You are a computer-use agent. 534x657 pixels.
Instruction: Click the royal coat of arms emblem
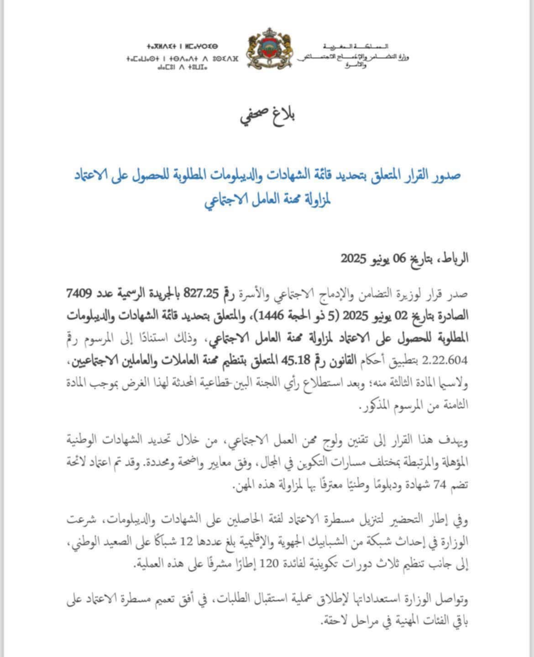point(269,49)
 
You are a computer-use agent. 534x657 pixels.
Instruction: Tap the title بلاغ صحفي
point(268,116)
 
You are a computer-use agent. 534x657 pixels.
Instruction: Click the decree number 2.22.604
point(445,361)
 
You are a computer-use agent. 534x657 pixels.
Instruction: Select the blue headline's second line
point(267,200)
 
